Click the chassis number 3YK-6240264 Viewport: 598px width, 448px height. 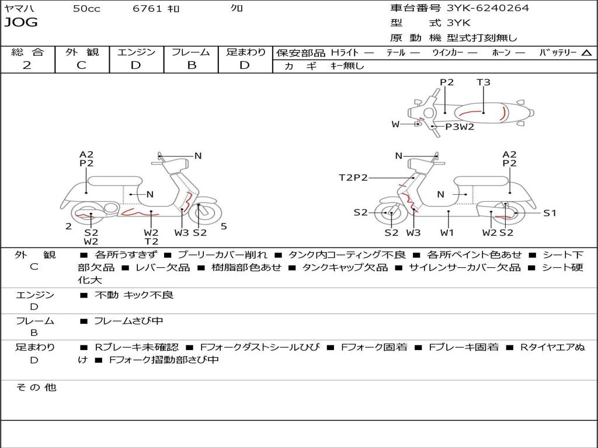488,8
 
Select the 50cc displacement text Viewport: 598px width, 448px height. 86,9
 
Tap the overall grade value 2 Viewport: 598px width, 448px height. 27,65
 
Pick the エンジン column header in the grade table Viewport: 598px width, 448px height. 136,52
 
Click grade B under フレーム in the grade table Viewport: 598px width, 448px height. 192,65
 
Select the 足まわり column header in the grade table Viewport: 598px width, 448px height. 245,52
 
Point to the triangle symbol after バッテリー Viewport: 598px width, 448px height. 586,53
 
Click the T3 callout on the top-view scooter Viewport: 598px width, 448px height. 484,82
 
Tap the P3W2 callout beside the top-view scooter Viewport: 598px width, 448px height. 460,127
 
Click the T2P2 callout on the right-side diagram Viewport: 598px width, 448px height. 353,177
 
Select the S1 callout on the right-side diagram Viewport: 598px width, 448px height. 550,213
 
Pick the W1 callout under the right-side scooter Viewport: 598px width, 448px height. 447,233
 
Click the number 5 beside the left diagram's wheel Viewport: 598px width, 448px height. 224,226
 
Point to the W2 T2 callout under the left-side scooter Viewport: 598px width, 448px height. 151,237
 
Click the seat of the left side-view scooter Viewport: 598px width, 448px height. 114,180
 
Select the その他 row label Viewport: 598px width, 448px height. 36,387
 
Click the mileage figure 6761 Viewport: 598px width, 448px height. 148,9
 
